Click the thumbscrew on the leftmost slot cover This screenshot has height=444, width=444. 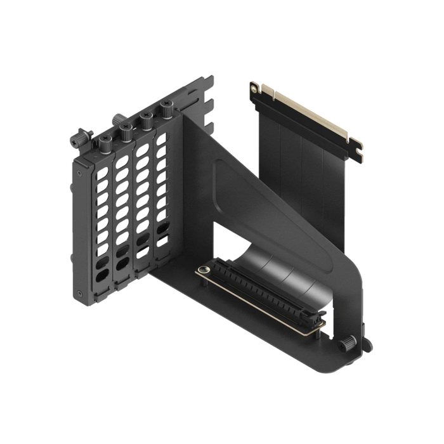(x=103, y=141)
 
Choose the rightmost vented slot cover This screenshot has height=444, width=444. (x=162, y=190)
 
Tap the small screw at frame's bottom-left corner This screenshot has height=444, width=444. (x=79, y=293)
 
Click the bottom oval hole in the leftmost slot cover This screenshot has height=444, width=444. (x=102, y=277)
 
